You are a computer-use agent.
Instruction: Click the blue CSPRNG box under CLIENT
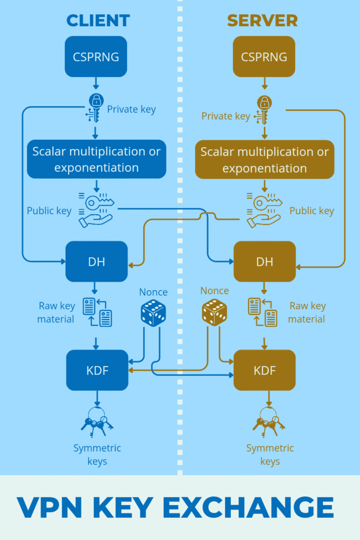click(x=96, y=56)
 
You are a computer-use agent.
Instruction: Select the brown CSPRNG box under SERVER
click(x=264, y=56)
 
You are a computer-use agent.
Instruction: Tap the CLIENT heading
click(x=98, y=21)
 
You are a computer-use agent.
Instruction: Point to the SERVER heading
click(x=262, y=21)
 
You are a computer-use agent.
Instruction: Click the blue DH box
click(x=96, y=262)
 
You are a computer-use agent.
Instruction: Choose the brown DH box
click(x=265, y=262)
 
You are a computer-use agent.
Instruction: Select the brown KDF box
click(x=265, y=370)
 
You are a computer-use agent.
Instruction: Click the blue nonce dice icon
click(x=153, y=313)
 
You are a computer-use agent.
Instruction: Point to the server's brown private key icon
click(x=264, y=110)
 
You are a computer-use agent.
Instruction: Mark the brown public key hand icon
click(x=264, y=209)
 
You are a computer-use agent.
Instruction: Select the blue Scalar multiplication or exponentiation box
click(x=96, y=160)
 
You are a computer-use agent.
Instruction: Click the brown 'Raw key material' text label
click(x=307, y=312)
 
